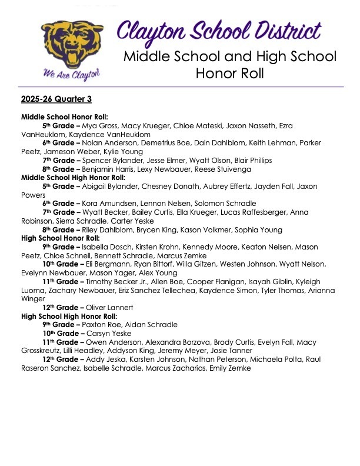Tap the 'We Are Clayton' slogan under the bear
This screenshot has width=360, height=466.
71,73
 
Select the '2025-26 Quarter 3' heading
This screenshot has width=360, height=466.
56,98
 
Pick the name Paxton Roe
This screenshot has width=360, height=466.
105,324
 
